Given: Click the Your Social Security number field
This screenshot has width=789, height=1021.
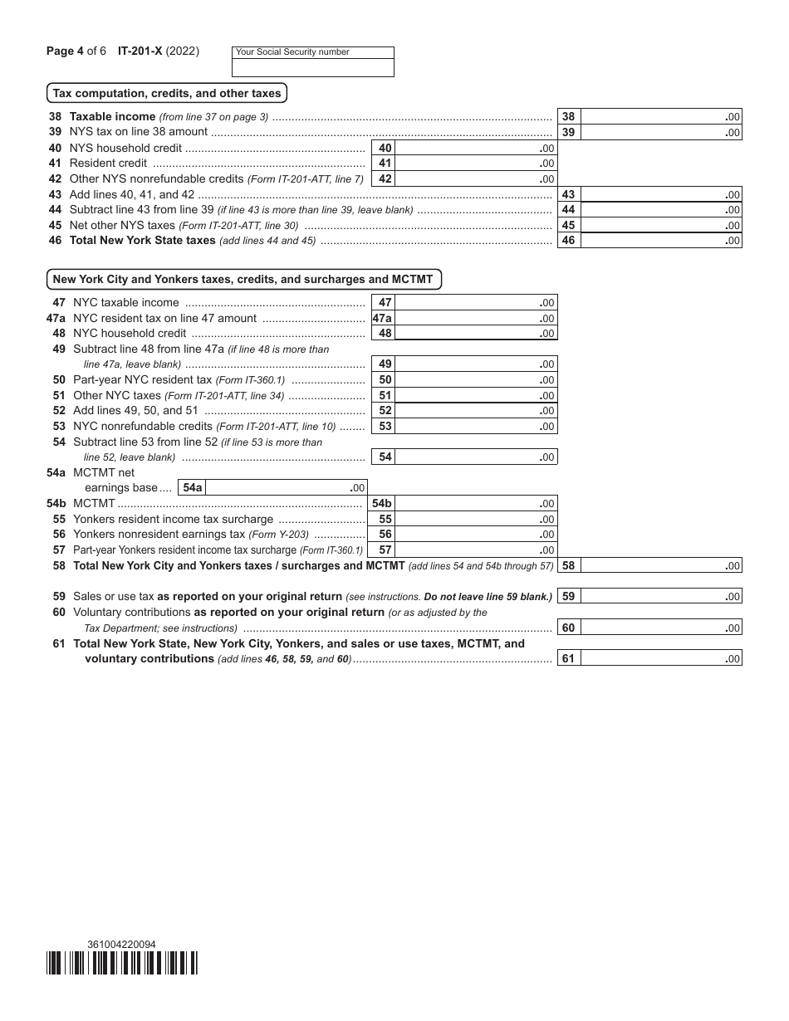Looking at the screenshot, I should (x=313, y=68).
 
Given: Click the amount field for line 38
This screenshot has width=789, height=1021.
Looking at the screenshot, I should (x=660, y=117).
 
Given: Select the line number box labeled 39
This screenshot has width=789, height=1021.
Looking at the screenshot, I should (x=568, y=132).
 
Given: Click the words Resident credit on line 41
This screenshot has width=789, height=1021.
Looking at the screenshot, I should (x=108, y=164).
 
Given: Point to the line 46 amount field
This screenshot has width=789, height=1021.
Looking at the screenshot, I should (x=660, y=241).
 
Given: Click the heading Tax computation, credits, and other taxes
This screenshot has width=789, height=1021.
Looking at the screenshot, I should (x=167, y=93).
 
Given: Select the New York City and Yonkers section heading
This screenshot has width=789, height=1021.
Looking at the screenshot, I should (x=243, y=279).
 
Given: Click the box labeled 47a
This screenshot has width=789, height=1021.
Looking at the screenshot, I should (x=382, y=318).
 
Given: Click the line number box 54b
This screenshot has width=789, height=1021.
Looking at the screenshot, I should (x=382, y=503).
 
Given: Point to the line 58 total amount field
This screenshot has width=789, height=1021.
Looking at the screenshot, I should (x=660, y=566).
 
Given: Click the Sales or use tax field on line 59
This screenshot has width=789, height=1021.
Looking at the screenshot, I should (x=660, y=596).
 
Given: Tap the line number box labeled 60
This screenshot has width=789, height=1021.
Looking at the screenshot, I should (x=568, y=628).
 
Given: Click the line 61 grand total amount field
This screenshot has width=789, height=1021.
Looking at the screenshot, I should (x=660, y=659).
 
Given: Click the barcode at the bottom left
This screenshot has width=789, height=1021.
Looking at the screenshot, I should (x=122, y=963).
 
